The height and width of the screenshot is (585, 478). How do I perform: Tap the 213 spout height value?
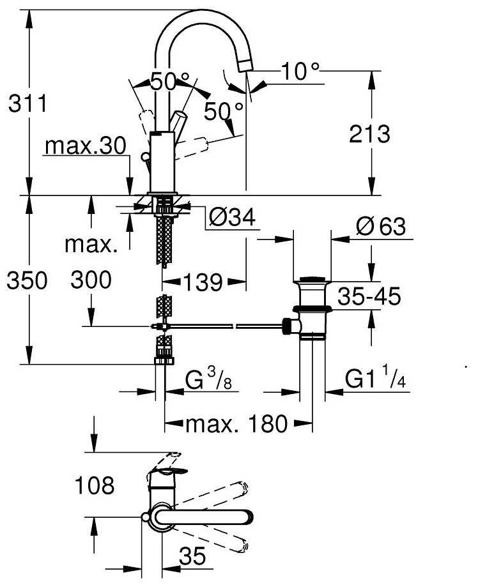click(370, 134)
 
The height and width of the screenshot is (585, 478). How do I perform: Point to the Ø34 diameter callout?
click(231, 219)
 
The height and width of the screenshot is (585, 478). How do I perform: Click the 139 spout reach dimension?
click(205, 281)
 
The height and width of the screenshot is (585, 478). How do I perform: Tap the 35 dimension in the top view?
click(193, 557)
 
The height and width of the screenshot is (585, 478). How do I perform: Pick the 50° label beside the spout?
click(224, 112)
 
